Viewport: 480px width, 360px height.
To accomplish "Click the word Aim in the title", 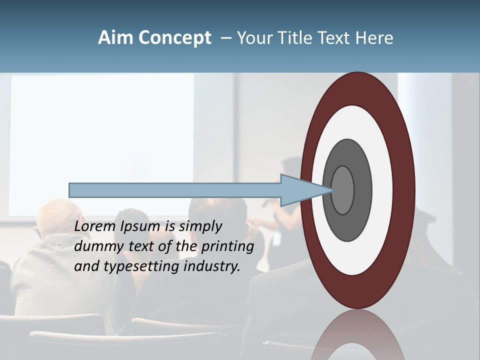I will coord(116,38).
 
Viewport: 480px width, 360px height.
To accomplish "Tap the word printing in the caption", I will coord(227,247).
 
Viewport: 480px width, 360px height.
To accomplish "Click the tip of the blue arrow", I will coord(332,190).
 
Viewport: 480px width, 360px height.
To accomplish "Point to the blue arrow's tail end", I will coord(70,190).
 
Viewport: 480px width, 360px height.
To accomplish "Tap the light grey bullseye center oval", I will coord(342,190).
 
